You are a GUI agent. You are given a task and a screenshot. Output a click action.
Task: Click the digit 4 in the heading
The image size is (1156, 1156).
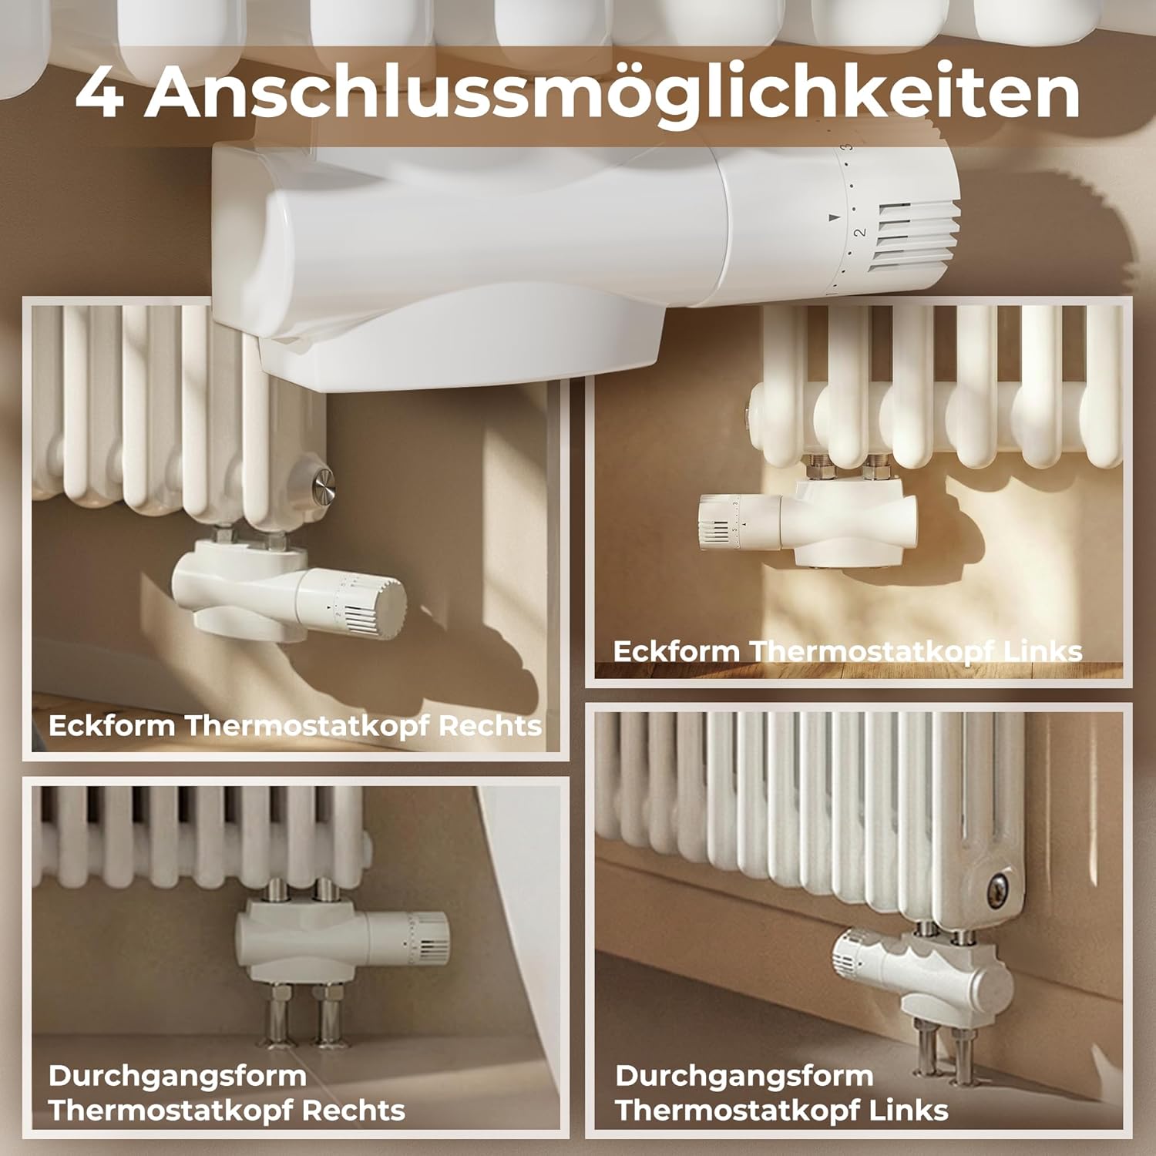coord(101,94)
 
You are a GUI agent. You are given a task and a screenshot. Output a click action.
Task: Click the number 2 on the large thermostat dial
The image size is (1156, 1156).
coord(861,230)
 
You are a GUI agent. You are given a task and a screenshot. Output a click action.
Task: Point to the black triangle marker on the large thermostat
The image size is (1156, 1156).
coord(833,218)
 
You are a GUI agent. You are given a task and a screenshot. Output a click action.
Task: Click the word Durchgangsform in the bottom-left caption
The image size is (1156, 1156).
coord(177,1076)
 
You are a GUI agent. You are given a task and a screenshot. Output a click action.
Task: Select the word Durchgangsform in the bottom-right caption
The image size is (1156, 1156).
coord(744,1076)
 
